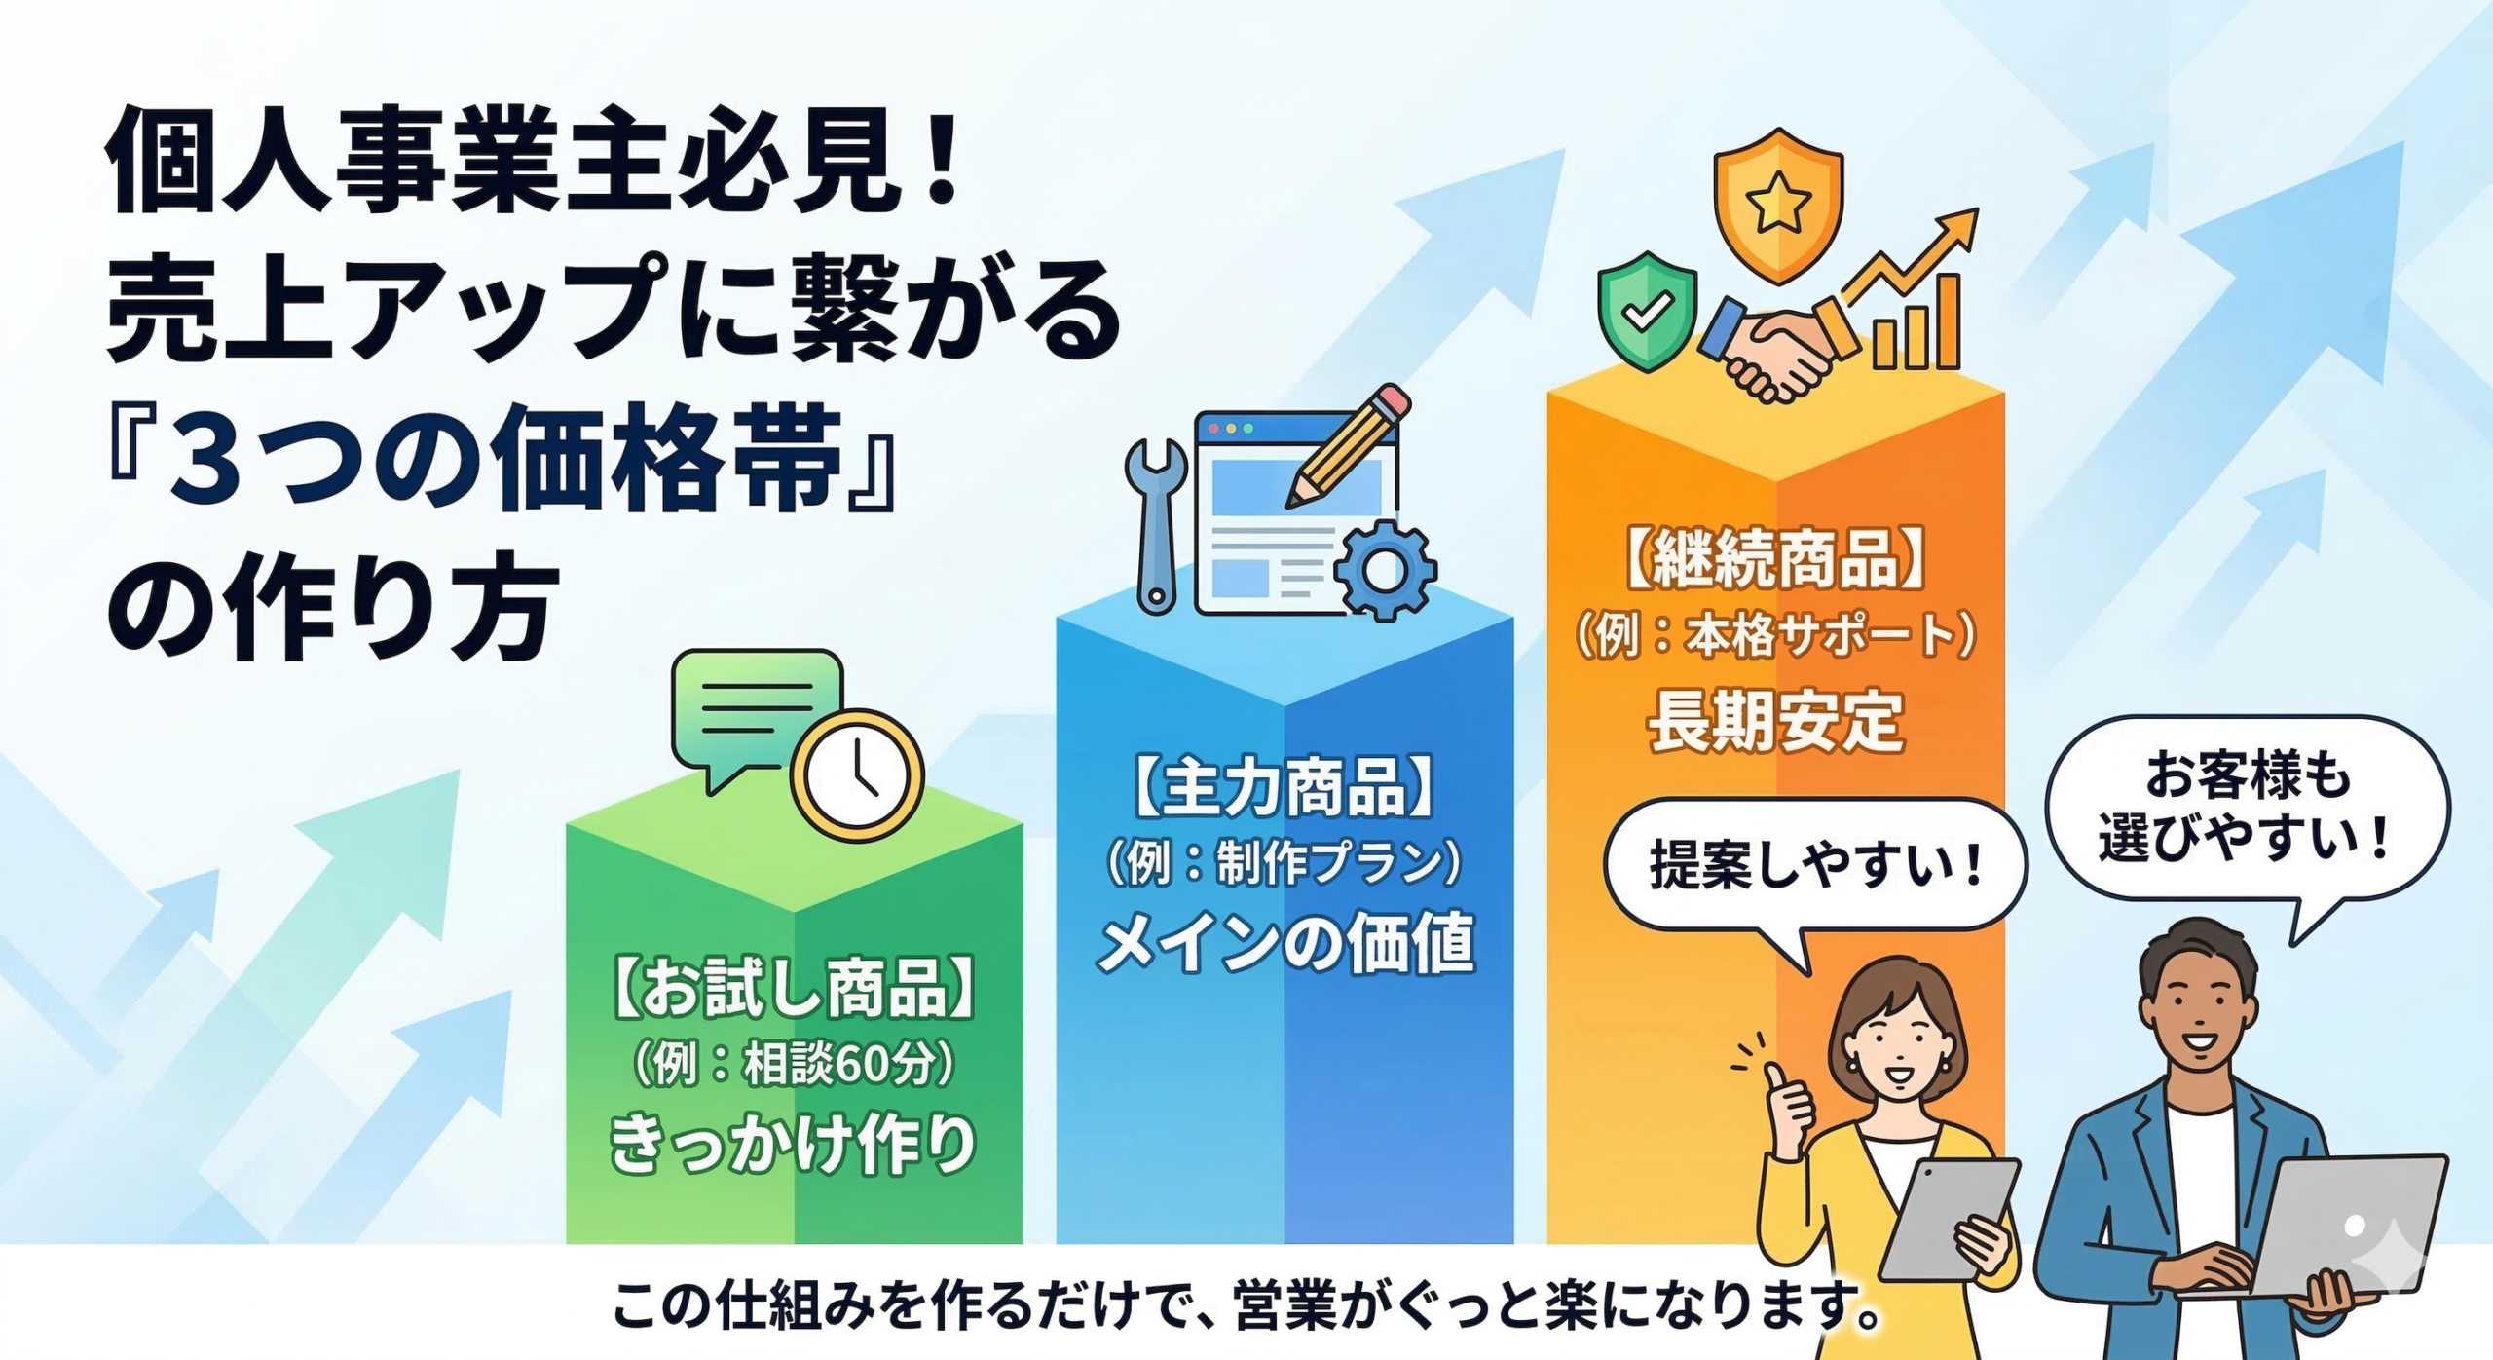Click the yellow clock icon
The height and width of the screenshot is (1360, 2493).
click(x=856, y=774)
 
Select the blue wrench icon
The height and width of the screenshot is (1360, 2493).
click(x=1156, y=526)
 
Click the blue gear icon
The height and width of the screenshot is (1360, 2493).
click(x=1385, y=571)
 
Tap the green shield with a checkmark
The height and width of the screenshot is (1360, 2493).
click(x=1647, y=312)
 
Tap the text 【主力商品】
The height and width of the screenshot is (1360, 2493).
click(x=1284, y=787)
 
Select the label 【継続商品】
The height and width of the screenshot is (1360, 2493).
click(x=1775, y=559)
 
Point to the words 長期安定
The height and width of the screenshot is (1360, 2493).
click(x=1775, y=721)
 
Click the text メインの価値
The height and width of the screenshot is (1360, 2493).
click(x=1284, y=943)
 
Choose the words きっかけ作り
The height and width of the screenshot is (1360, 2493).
click(x=793, y=1142)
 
